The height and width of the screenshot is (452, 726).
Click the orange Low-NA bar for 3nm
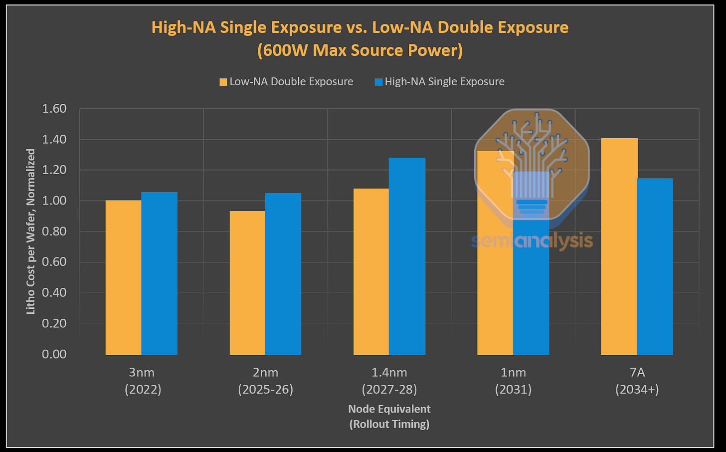(123, 277)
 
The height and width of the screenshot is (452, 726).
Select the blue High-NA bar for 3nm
(159, 273)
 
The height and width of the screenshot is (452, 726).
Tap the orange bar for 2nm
(247, 283)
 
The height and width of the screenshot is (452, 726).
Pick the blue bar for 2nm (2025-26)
(283, 274)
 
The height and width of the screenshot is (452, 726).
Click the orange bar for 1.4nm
(371, 271)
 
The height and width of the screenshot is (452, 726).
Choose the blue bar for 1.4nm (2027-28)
(407, 256)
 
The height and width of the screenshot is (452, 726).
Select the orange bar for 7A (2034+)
(619, 246)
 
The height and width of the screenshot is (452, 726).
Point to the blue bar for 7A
(655, 266)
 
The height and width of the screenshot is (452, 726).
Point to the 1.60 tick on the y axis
(54, 109)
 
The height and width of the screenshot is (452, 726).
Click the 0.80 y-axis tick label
(54, 231)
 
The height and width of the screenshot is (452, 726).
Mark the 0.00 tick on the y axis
(54, 354)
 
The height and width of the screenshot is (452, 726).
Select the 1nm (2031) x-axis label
(513, 381)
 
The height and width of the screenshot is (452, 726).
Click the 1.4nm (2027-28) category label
(389, 381)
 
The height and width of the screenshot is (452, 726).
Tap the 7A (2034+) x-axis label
(637, 381)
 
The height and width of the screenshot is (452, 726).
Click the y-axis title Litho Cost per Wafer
(31, 231)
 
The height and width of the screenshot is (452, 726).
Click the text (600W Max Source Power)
(360, 50)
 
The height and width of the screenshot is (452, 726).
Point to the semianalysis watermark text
(532, 241)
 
